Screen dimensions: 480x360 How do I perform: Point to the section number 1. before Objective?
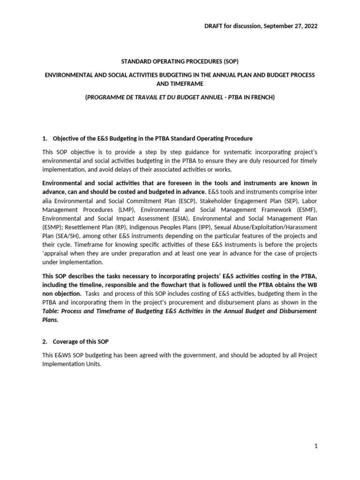click(x=45, y=138)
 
